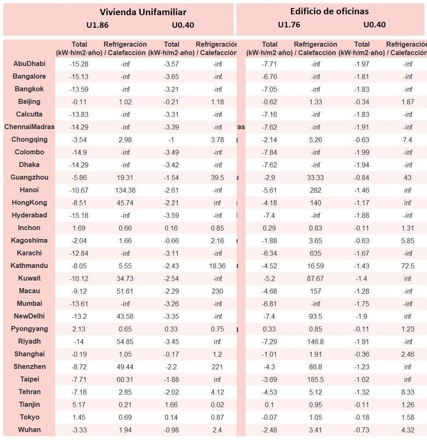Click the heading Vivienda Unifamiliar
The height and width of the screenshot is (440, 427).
pos(143,12)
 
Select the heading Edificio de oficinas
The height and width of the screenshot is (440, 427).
pos(329,11)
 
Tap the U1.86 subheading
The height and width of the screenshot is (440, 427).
pos(97,25)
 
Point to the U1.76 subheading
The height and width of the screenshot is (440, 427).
pos(289,25)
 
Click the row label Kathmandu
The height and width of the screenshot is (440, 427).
pos(29,266)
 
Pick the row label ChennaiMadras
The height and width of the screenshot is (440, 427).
pos(29,127)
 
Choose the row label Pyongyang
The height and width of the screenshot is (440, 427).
pos(29,329)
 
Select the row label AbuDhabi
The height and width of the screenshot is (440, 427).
pos(29,64)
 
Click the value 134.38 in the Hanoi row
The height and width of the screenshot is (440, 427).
pos(125,190)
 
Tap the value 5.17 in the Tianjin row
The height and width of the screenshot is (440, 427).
pos(79,405)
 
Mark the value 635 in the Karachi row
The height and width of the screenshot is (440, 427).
pos(315,253)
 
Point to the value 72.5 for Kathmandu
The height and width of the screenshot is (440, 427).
pos(408,266)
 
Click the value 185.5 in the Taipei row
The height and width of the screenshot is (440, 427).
pos(315,379)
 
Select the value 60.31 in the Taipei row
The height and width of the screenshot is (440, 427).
pos(125,379)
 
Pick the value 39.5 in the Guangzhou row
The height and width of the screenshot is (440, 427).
pos(217,178)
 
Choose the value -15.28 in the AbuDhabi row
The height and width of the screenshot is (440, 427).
pos(79,64)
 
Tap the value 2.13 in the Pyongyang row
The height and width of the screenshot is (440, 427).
pos(79,329)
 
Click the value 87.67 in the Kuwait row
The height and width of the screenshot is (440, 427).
pos(315,278)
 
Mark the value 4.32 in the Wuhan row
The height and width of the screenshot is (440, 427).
pos(408,430)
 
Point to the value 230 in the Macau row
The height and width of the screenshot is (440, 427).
pos(217,291)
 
